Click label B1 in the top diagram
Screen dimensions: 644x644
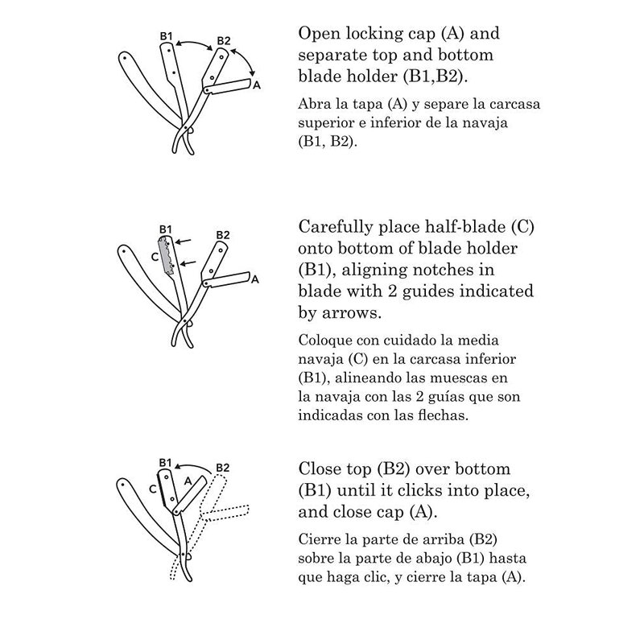[166, 36]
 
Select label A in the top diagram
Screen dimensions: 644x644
[256, 85]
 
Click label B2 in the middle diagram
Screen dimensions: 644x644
[223, 235]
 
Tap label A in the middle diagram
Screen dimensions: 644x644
[255, 279]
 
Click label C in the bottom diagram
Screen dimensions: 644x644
[152, 489]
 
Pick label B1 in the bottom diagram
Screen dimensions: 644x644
[165, 462]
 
